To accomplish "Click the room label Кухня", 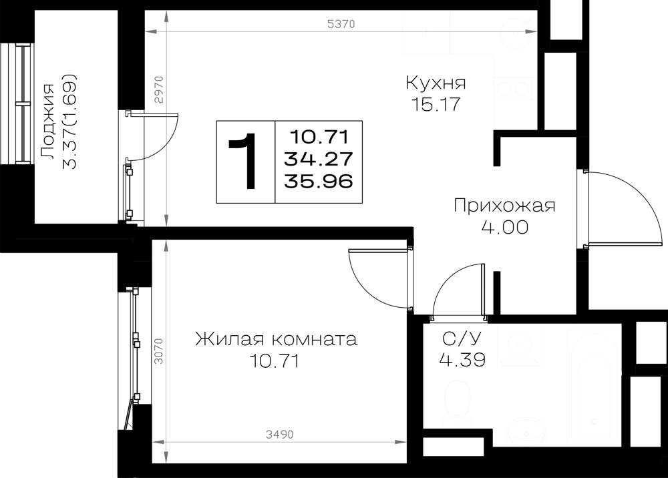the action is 436,83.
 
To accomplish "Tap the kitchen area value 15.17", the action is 436,104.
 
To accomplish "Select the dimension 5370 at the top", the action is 341,24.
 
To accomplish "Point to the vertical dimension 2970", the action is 158,90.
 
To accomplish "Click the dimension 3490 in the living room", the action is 280,435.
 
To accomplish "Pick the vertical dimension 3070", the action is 158,351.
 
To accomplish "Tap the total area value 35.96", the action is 319,182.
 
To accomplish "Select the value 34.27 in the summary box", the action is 319,159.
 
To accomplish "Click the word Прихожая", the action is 504,206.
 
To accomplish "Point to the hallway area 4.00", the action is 505,227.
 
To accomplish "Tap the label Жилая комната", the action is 276,340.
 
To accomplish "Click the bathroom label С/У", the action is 462,339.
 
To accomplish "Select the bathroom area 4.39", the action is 462,361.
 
